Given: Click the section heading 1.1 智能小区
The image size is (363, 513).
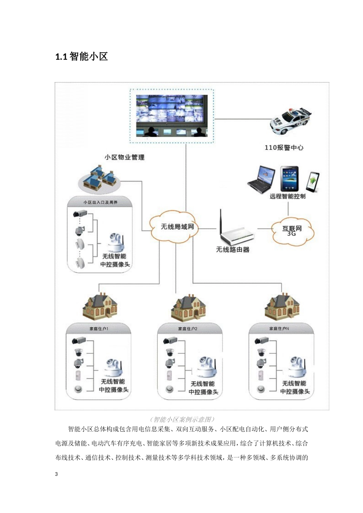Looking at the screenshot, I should [81, 57].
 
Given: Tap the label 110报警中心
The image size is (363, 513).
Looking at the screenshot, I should [284, 148].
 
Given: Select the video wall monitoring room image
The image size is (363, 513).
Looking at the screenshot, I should [172, 116].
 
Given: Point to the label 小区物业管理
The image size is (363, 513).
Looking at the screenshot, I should [125, 157].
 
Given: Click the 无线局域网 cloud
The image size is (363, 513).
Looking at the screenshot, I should [176, 227].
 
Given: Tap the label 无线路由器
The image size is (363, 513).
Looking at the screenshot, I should [233, 250].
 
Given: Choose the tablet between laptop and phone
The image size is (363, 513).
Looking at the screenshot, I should [289, 179].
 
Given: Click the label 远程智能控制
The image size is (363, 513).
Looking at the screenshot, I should [288, 197].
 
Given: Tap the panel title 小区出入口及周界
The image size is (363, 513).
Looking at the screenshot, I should [100, 202].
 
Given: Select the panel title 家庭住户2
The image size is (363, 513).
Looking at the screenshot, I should [188, 329].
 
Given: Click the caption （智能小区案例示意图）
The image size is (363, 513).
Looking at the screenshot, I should [183, 419].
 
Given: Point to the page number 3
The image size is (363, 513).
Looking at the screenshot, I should [57, 474].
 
